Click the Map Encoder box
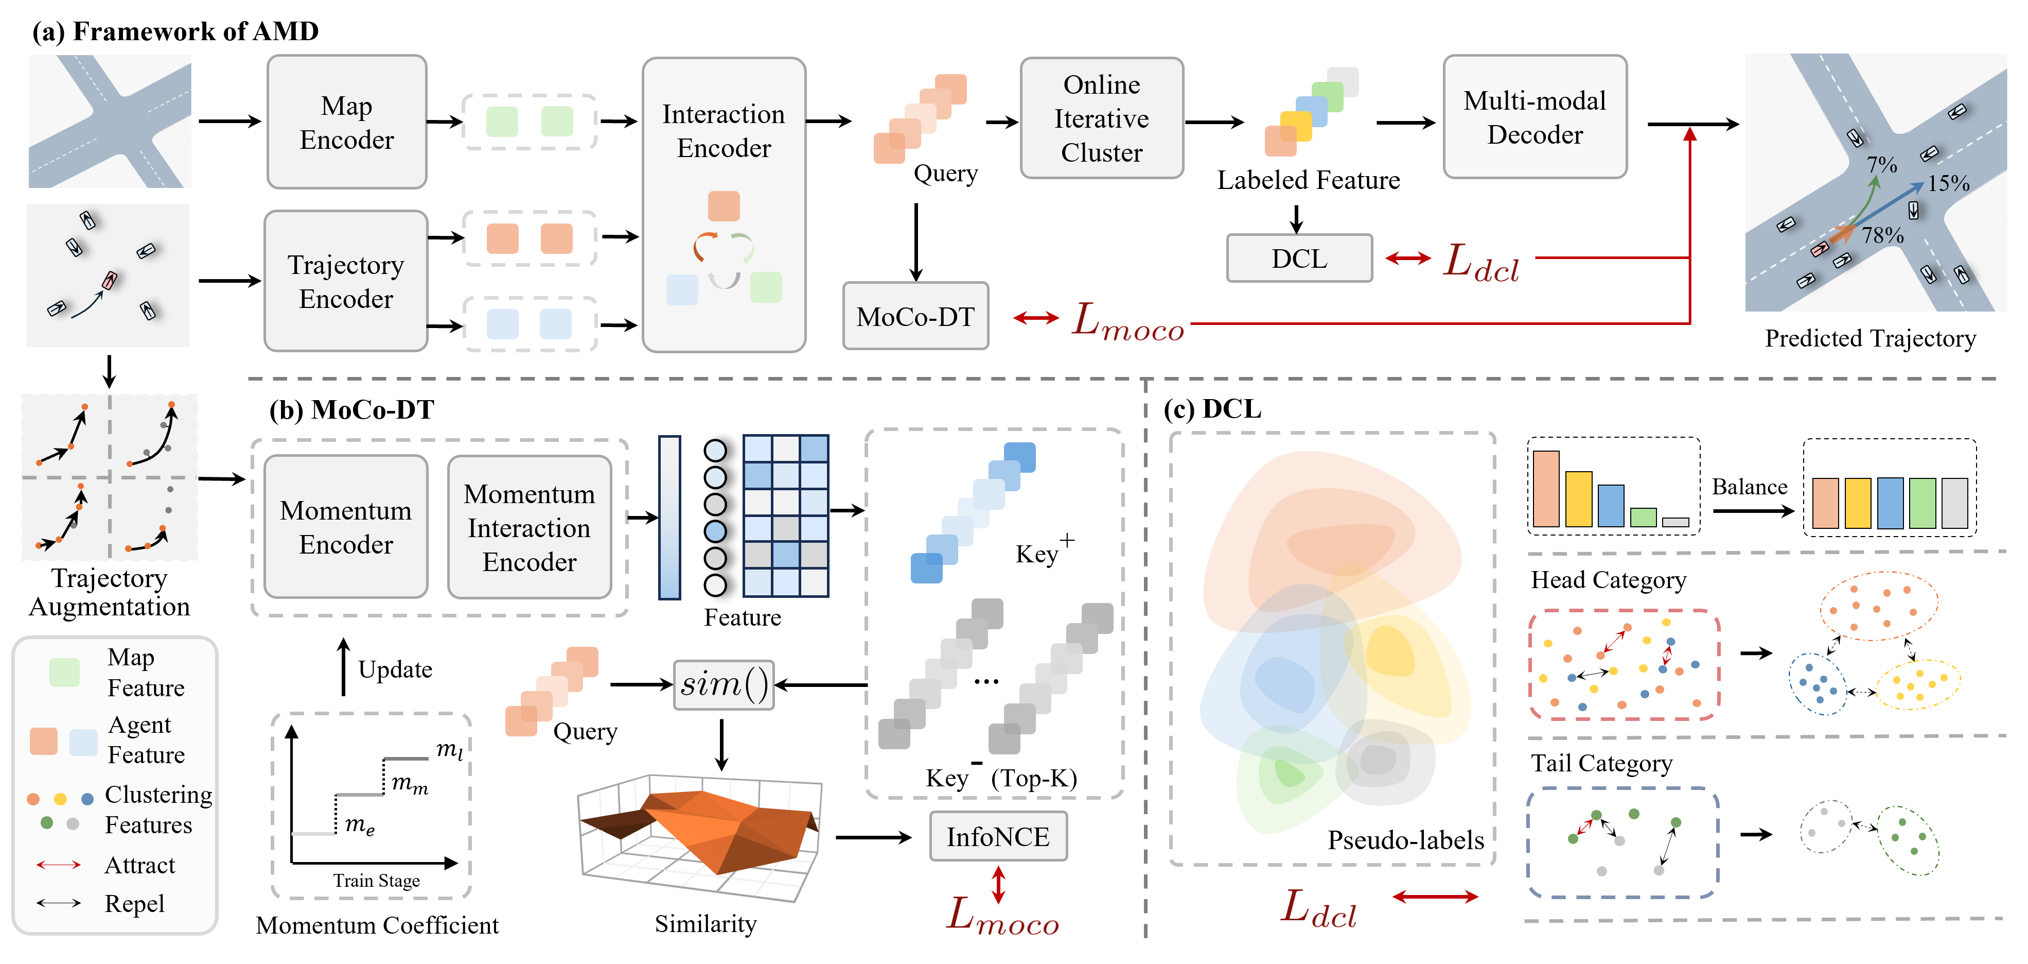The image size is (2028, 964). click(x=346, y=122)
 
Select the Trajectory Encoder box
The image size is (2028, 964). click(x=346, y=281)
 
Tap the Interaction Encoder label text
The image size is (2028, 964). click(x=724, y=131)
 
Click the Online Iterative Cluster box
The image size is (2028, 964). click(x=1101, y=118)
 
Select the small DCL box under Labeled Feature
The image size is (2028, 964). click(x=1299, y=259)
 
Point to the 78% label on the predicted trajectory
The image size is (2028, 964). click(x=1882, y=235)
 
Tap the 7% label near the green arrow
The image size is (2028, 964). click(x=1881, y=165)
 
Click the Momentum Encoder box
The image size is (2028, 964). click(x=346, y=527)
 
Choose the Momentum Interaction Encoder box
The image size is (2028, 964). click(x=529, y=527)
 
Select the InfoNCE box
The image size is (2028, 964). click(x=997, y=836)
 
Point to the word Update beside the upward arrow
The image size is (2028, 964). click(x=395, y=669)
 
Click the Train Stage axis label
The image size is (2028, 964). click(x=376, y=881)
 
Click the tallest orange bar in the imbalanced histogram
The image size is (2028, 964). click(x=1546, y=489)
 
